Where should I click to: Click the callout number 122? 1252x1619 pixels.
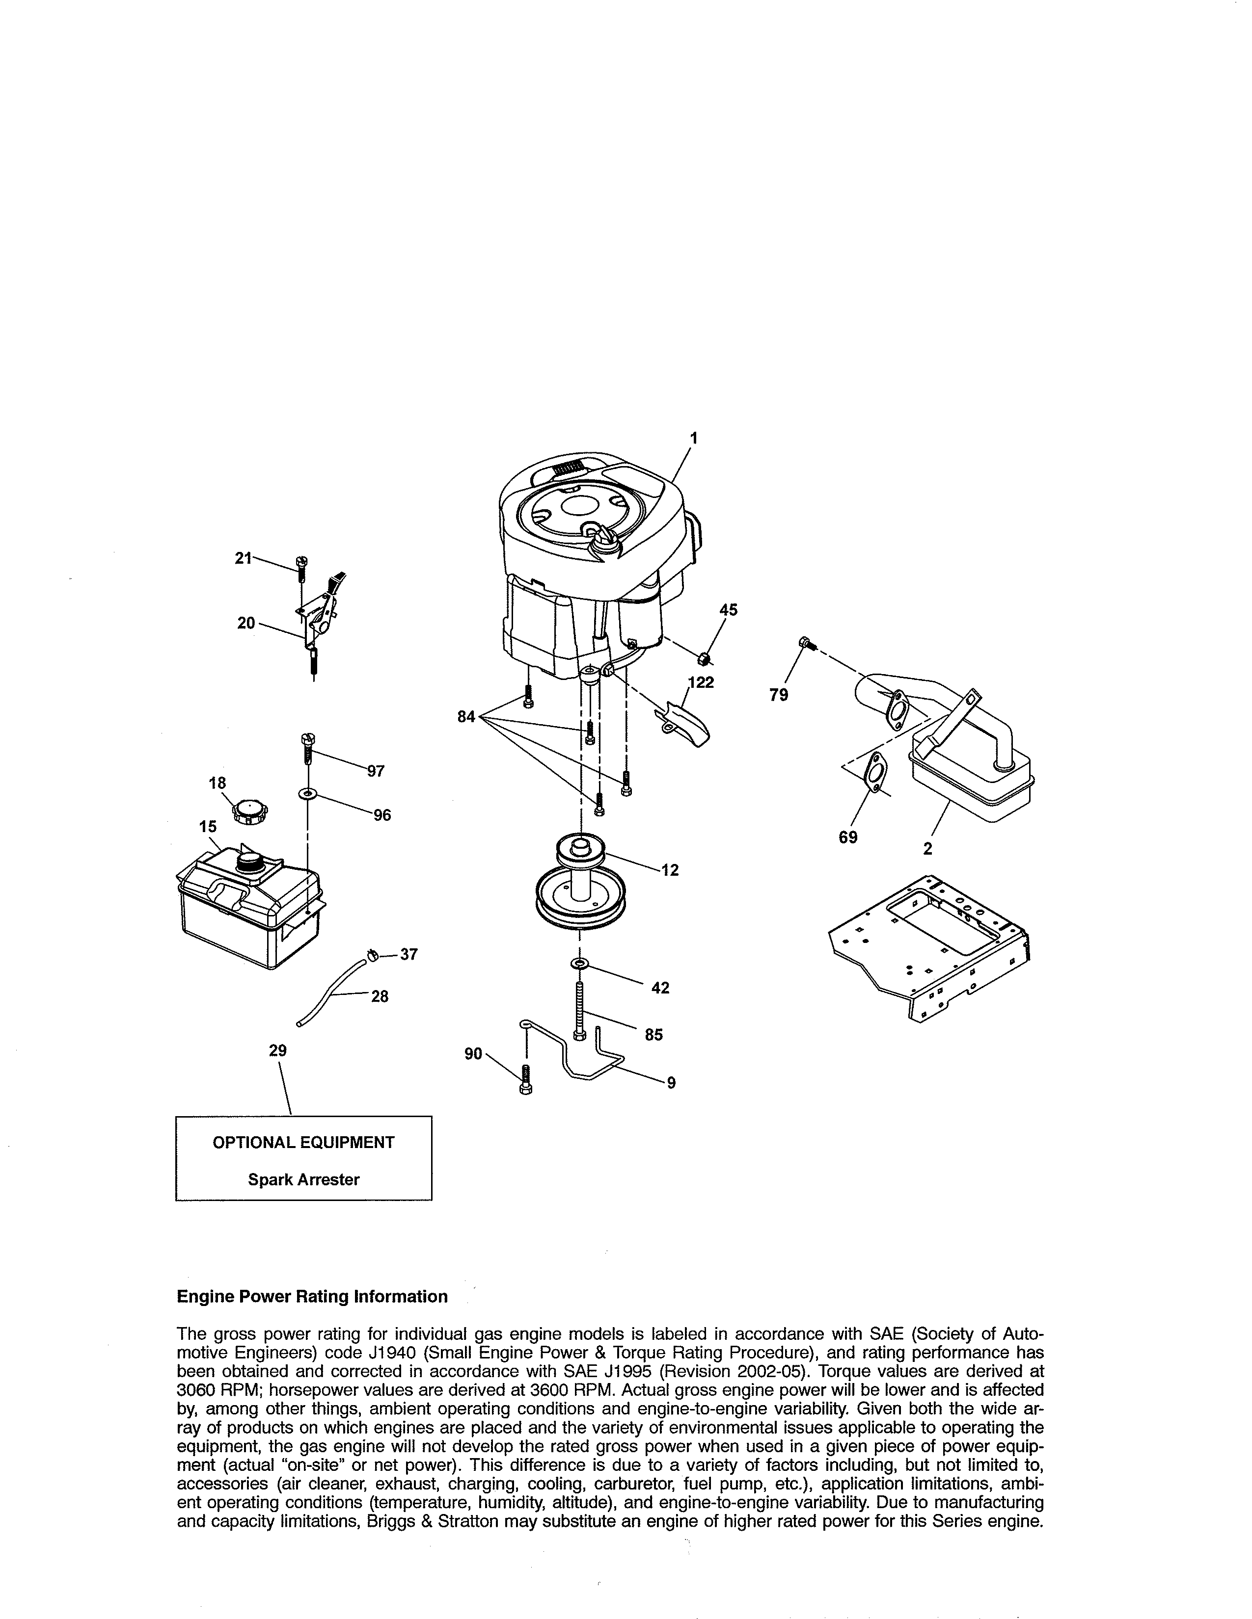701,683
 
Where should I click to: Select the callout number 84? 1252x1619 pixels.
466,717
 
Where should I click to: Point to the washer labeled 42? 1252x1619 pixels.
578,963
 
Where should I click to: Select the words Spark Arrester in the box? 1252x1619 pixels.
303,1179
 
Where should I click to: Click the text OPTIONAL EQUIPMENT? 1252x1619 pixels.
303,1142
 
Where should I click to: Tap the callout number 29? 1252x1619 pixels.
277,1050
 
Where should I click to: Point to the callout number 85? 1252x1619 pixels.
653,1035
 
